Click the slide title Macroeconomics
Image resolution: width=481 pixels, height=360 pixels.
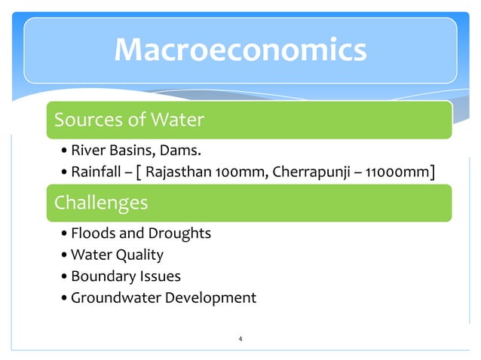[240, 50]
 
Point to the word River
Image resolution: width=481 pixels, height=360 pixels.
[89, 153]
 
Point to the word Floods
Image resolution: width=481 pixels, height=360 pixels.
[93, 233]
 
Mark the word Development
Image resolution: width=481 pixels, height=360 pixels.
[211, 297]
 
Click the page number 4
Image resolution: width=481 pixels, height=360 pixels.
[240, 340]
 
